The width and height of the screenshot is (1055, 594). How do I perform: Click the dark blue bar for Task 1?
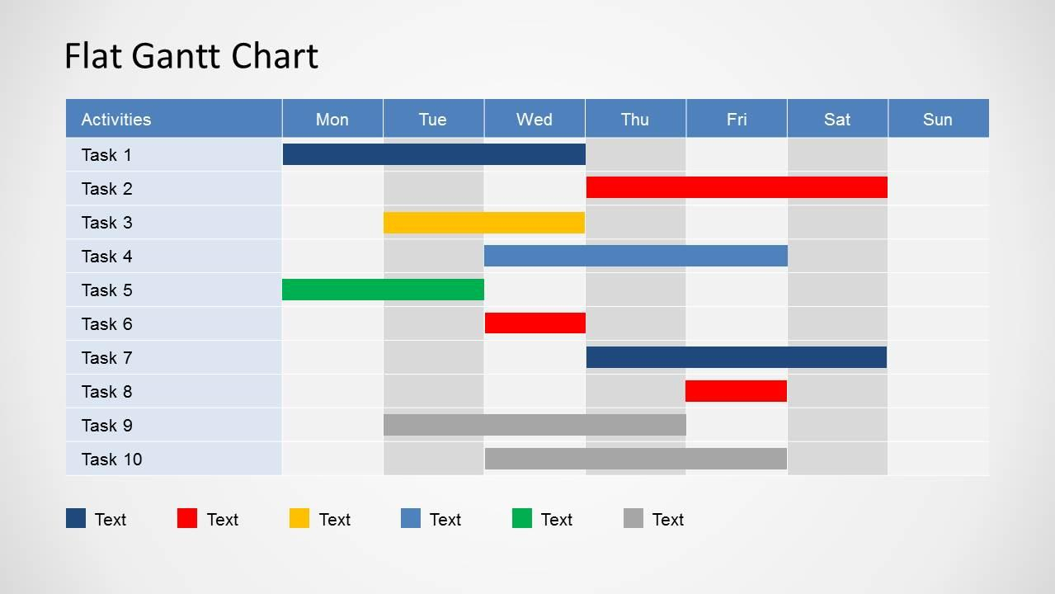coord(434,154)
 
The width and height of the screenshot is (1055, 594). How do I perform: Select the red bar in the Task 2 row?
coord(737,187)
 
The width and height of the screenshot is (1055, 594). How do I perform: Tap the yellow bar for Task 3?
coord(484,222)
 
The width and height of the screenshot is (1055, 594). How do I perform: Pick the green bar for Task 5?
coord(383,290)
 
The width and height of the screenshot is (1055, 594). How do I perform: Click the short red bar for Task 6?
coord(535,323)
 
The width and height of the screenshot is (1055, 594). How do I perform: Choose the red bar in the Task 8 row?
coord(736,391)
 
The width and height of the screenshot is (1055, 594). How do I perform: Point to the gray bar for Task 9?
coord(535,425)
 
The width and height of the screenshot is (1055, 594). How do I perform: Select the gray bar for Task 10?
coord(636,459)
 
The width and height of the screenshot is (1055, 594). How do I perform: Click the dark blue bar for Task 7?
coord(737,357)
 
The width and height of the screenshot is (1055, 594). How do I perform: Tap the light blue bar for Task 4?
coord(636,256)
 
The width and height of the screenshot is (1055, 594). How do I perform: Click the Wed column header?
coord(535,119)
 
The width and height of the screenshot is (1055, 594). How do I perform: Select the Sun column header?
coord(938,119)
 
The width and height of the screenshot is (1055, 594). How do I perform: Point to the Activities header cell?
coord(116,119)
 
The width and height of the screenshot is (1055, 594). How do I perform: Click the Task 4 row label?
coord(106,256)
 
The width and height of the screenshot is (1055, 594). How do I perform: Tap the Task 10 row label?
coord(111,459)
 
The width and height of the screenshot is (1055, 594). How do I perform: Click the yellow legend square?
coord(299,518)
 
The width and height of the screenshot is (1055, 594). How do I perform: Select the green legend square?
coord(522,518)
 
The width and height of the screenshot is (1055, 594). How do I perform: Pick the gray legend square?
coord(633,518)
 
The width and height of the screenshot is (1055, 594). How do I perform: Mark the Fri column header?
coord(737,119)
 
